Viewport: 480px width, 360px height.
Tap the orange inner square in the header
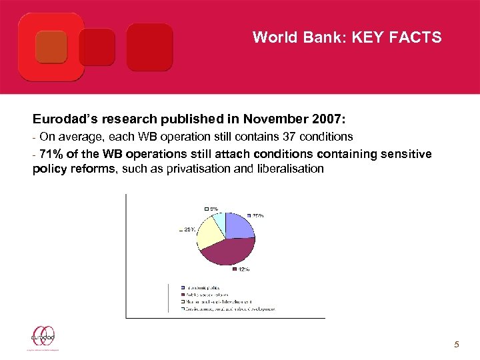[x=51, y=47]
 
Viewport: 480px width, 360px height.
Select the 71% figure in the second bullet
[x=52, y=154]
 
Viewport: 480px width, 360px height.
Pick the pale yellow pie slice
[x=209, y=233]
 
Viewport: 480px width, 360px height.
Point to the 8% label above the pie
[x=213, y=208]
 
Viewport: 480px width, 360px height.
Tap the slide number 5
[x=456, y=344]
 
